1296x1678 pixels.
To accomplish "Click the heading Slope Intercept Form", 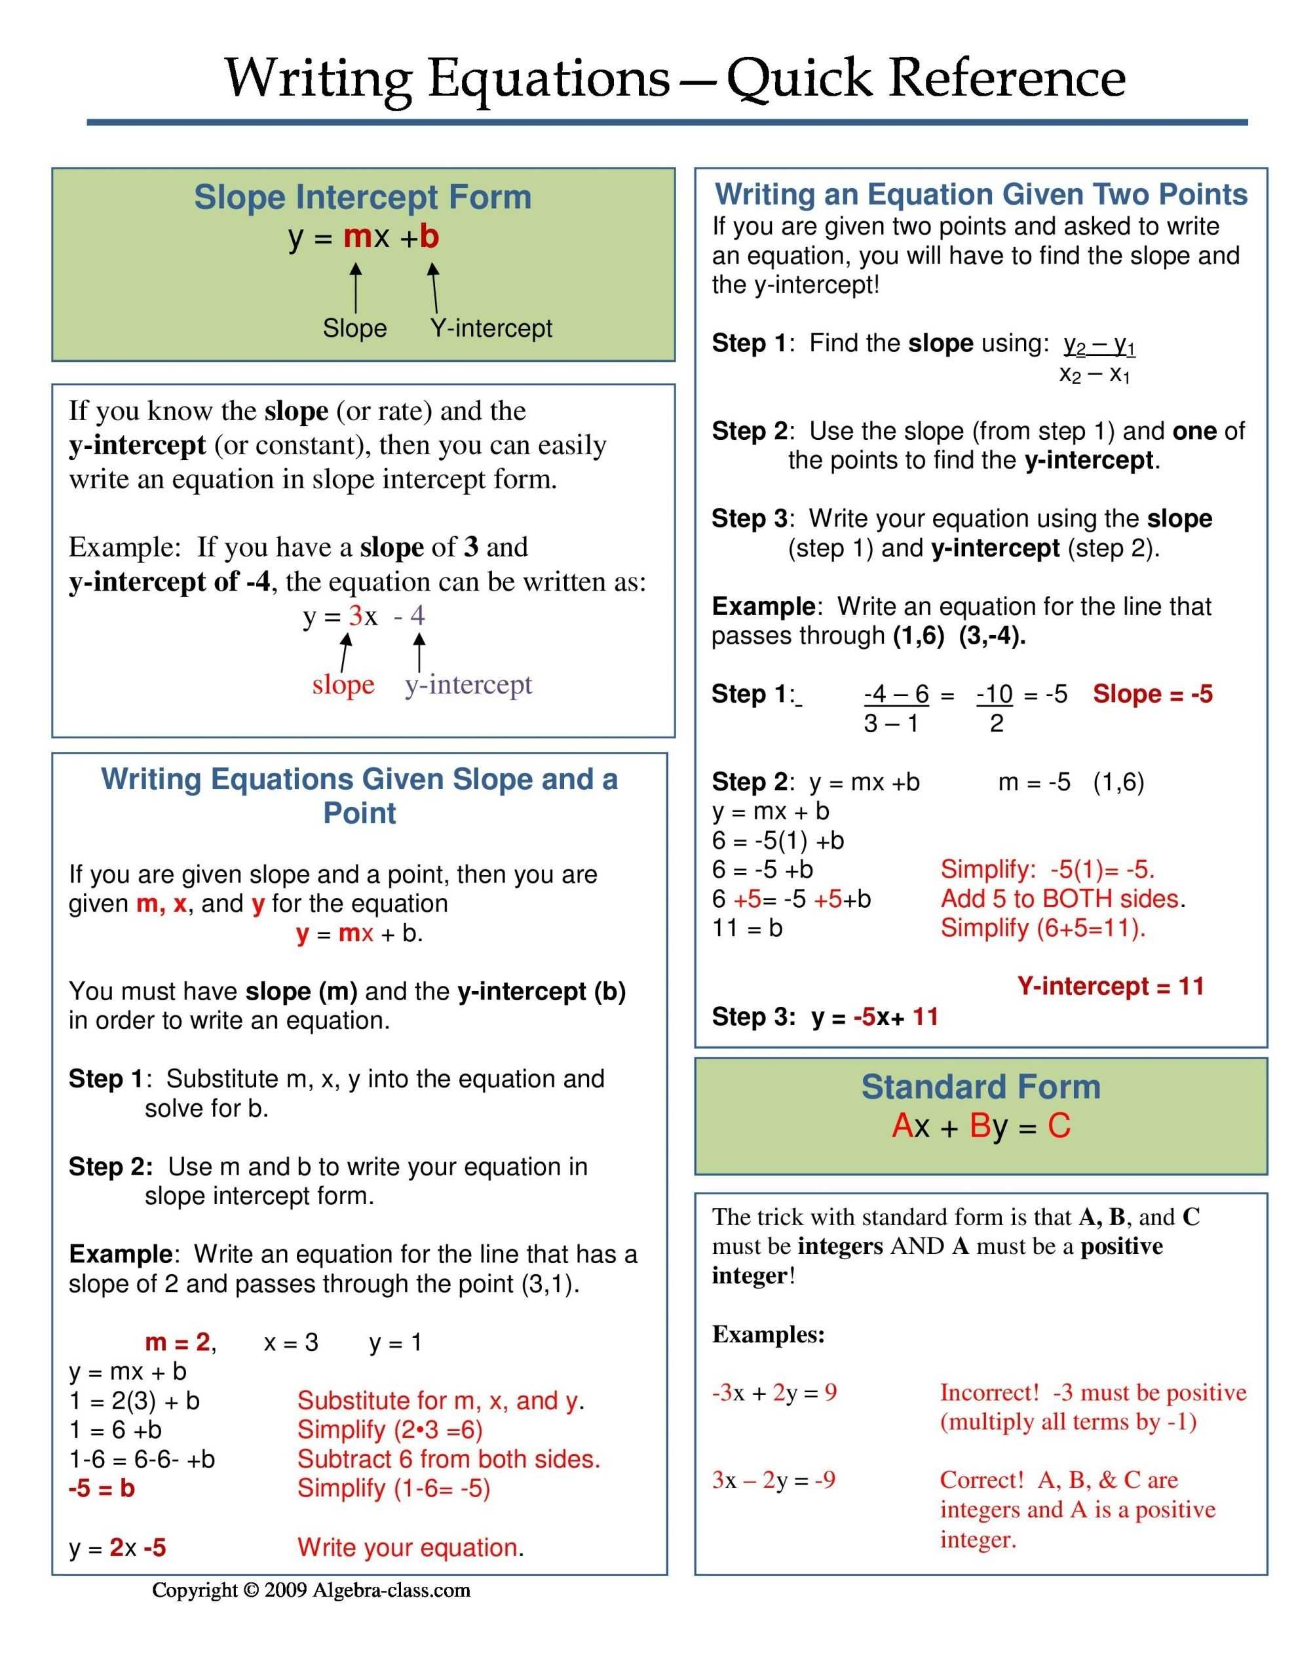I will pyautogui.click(x=362, y=197).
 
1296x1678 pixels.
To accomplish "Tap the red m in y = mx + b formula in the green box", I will pyautogui.click(x=357, y=237).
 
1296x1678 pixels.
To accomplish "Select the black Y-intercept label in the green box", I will pyautogui.click(x=491, y=328).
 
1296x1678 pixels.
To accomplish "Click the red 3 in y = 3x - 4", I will pyautogui.click(x=355, y=615).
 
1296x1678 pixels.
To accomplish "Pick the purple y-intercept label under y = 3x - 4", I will pyautogui.click(x=468, y=684).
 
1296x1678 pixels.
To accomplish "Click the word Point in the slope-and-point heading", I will pyautogui.click(x=360, y=813).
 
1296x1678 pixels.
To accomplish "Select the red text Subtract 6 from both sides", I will pyautogui.click(x=449, y=1459).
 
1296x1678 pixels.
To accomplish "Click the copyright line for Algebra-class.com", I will pyautogui.click(x=311, y=1590).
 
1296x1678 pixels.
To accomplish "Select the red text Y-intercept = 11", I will pyautogui.click(x=1110, y=986).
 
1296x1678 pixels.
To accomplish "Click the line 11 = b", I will pyautogui.click(x=747, y=928).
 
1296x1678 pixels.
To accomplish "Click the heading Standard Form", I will pyautogui.click(x=980, y=1087).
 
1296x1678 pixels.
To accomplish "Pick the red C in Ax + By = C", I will pyautogui.click(x=1059, y=1126).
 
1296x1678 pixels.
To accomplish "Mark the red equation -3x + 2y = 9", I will pyautogui.click(x=774, y=1392).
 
